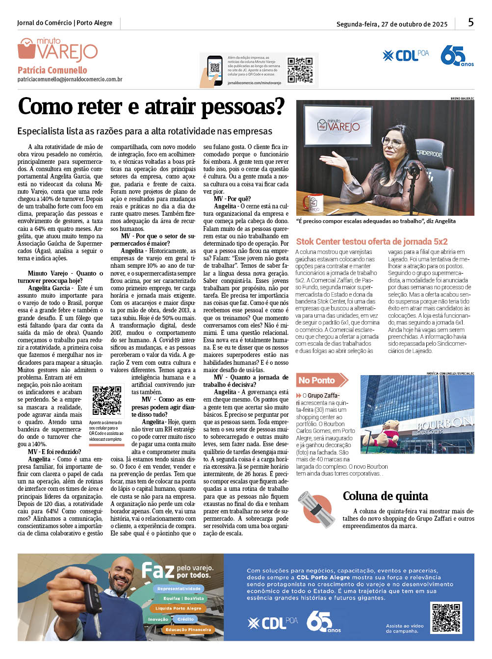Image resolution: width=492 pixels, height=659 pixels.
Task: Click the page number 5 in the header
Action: (x=471, y=22)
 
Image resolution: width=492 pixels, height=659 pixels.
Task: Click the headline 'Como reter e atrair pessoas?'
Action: (x=151, y=106)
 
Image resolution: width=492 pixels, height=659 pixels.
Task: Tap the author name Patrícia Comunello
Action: (x=52, y=70)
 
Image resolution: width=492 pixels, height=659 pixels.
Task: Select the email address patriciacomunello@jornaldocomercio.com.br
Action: (x=70, y=79)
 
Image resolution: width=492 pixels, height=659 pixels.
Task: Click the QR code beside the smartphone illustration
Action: (x=300, y=70)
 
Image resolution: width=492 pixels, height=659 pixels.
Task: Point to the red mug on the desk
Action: (x=312, y=202)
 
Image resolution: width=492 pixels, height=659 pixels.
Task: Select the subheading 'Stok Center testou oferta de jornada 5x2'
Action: (x=372, y=241)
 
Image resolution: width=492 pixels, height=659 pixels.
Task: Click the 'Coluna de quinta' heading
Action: (x=385, y=496)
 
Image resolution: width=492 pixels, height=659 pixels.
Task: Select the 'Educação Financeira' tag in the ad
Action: (x=188, y=630)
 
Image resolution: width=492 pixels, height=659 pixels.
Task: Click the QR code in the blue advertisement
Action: (x=446, y=618)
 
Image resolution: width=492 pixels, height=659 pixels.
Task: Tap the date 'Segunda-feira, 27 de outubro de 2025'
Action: (x=392, y=24)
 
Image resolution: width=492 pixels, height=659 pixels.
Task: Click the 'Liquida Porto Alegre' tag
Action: (x=178, y=608)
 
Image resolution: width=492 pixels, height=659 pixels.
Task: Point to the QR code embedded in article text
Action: (x=106, y=400)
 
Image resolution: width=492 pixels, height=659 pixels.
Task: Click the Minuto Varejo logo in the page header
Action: (x=58, y=50)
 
